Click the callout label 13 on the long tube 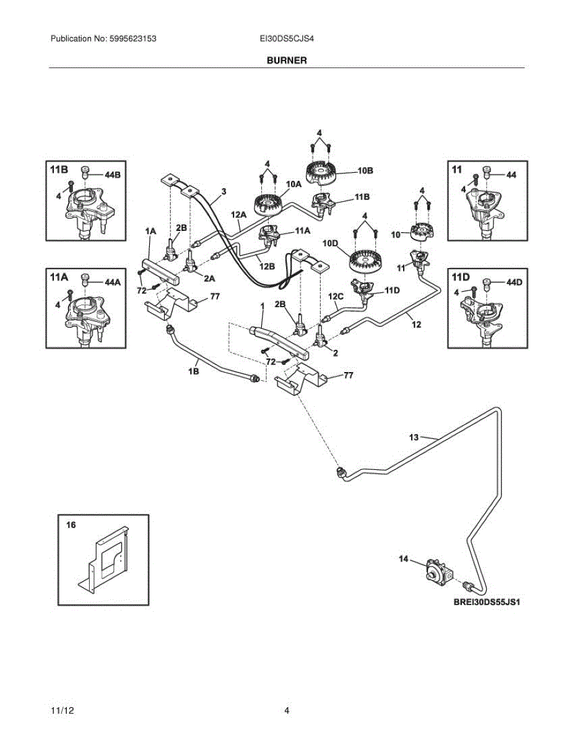pyautogui.click(x=415, y=437)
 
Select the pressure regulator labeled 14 pyautogui.click(x=437, y=573)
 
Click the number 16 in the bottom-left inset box pyautogui.click(x=71, y=524)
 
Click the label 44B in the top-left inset pyautogui.click(x=113, y=175)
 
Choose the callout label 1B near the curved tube pyautogui.click(x=193, y=371)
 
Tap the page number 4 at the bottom pyautogui.click(x=287, y=710)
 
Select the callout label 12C pyautogui.click(x=336, y=296)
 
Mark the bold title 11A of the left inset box pyautogui.click(x=59, y=279)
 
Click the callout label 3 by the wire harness pyautogui.click(x=224, y=191)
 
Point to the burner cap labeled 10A pyautogui.click(x=268, y=204)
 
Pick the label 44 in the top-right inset pyautogui.click(x=511, y=175)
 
